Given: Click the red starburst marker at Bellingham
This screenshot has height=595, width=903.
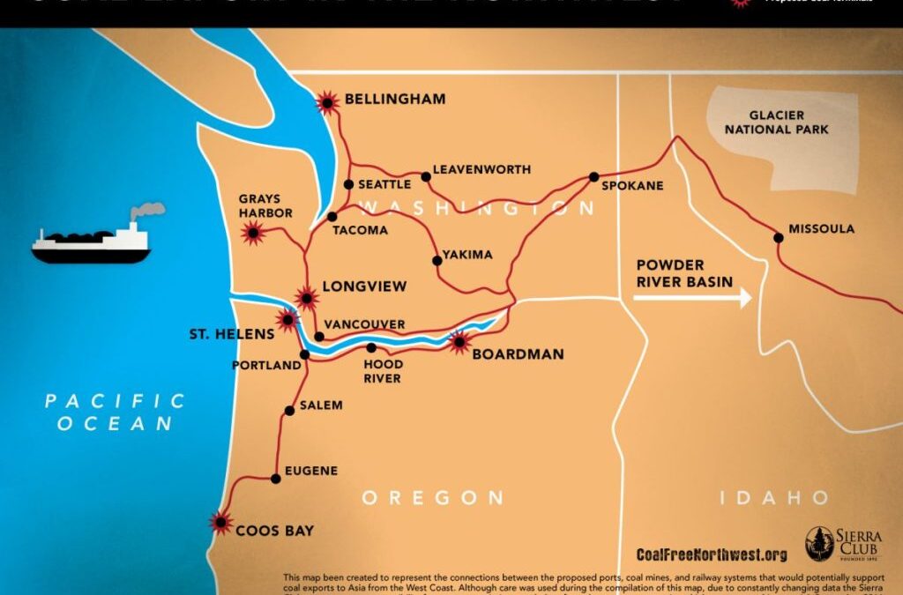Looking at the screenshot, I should (328, 103).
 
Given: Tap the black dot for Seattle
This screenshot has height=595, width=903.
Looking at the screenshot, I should (348, 184).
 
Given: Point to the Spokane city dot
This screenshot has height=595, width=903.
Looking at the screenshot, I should (594, 177).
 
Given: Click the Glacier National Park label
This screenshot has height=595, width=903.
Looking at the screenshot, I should (788, 123).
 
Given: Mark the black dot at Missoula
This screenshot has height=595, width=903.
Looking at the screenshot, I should (778, 236).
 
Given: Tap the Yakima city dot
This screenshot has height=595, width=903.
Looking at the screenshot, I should (437, 260).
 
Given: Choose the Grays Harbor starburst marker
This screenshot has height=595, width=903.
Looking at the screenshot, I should (254, 233).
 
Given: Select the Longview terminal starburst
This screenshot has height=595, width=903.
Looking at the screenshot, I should (307, 297).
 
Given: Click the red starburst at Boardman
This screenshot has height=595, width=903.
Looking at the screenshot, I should (459, 342).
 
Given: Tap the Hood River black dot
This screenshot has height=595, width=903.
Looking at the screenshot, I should (371, 347).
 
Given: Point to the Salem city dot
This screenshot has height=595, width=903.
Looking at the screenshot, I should (289, 411).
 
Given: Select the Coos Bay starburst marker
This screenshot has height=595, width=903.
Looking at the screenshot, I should (220, 522).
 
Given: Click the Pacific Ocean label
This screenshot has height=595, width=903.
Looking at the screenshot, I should (116, 413).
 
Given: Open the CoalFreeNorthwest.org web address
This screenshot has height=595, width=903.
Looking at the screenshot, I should (711, 554).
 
